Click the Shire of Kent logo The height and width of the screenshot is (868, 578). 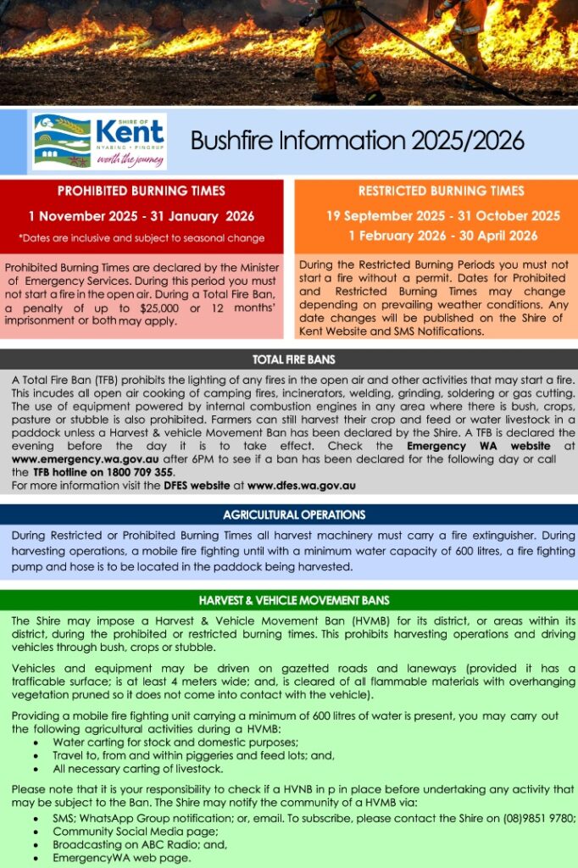pos(99,141)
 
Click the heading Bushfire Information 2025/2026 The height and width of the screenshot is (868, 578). pos(357,140)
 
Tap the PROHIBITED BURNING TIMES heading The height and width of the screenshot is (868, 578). pos(141,191)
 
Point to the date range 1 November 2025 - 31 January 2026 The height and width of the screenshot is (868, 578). pos(141,216)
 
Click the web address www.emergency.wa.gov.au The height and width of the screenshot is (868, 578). pos(69,459)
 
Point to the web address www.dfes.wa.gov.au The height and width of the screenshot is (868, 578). pos(301,486)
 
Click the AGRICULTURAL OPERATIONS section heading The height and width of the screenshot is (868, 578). pos(294,515)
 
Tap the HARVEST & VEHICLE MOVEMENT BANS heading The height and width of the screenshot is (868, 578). pos(294,600)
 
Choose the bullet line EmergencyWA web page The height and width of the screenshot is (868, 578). pos(121,858)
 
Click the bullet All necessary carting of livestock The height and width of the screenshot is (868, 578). pos(137,769)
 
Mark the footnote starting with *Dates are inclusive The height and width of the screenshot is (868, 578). pos(141,238)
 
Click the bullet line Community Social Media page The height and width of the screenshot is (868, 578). pos(131,832)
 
